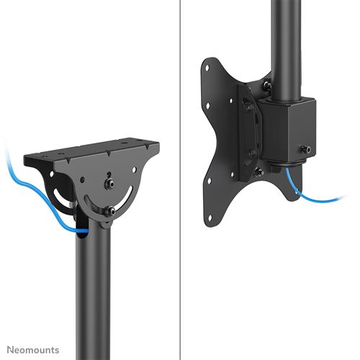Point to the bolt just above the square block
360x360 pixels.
[x=266, y=85]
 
